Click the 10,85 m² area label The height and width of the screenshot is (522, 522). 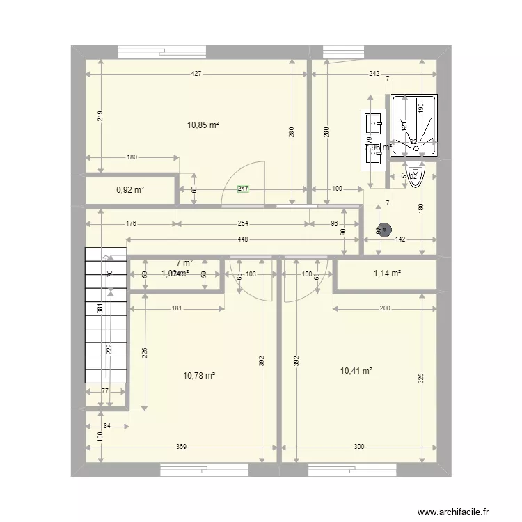[203, 125]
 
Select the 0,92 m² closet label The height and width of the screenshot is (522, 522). [130, 190]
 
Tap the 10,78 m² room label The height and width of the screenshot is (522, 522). [198, 376]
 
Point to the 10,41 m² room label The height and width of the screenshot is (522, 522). [356, 371]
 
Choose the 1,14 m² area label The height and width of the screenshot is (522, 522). [386, 274]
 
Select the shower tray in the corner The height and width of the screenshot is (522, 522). [414, 126]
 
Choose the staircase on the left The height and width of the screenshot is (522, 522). [106, 315]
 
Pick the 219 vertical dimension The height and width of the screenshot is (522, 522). [102, 118]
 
